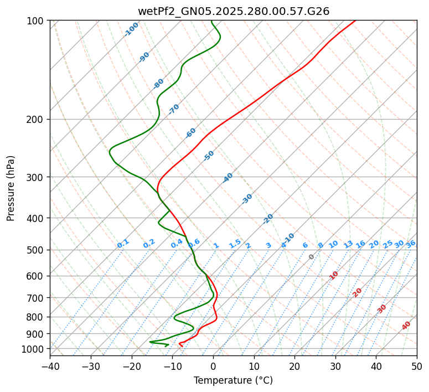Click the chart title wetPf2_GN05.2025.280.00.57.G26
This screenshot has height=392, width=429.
[x=233, y=9]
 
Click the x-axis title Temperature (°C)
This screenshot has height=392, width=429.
[x=233, y=380]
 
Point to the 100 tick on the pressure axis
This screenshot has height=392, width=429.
[x=37, y=20]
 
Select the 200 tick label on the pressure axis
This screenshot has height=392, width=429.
[x=37, y=119]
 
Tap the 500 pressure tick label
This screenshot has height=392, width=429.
[x=37, y=250]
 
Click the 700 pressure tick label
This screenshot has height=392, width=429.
[x=37, y=298]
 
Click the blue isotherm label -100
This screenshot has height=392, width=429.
[x=131, y=29]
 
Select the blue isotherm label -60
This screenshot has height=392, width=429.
[x=190, y=133]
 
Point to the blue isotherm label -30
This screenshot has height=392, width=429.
[x=247, y=199]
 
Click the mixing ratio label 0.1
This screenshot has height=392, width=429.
[x=123, y=244]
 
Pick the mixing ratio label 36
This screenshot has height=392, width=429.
[x=411, y=244]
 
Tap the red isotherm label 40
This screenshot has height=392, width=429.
[x=406, y=326]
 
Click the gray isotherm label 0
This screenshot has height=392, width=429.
[x=312, y=257]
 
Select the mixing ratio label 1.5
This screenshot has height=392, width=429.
[x=235, y=243]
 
